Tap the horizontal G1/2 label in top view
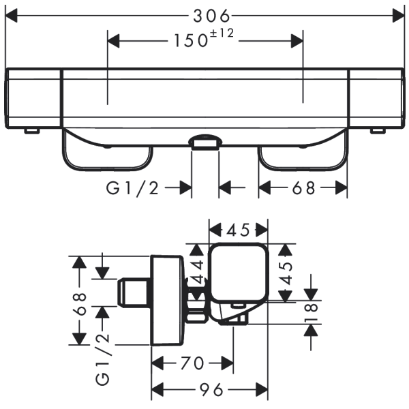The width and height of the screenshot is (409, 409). [134, 187]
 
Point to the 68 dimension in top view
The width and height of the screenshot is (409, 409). [303, 187]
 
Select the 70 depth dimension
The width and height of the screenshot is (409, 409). [193, 363]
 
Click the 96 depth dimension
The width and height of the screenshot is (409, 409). [211, 390]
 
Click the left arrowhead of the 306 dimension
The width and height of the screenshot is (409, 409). [10, 14]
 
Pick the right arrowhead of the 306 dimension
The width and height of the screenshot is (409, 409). [401, 14]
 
